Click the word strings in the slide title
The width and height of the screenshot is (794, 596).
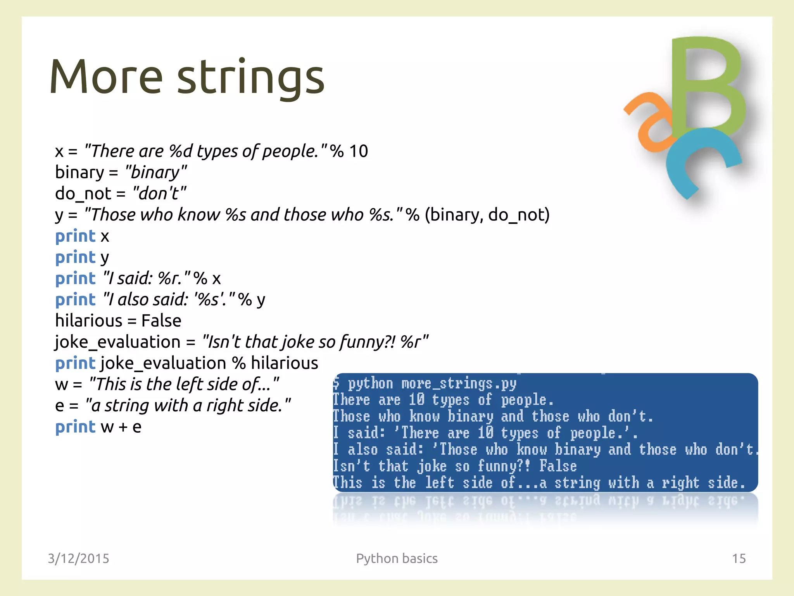click(251, 78)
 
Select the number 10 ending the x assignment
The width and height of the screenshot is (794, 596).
click(358, 151)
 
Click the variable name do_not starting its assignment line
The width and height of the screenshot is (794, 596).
click(83, 193)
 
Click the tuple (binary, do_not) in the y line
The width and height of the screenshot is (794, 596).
click(487, 215)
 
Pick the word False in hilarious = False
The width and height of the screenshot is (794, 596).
click(161, 321)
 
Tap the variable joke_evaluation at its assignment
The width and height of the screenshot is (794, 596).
click(117, 342)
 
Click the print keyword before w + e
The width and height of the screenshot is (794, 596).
click(75, 427)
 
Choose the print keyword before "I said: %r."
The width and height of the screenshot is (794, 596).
click(75, 278)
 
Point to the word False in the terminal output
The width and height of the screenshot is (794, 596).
click(558, 466)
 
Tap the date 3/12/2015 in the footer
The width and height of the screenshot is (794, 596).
click(78, 558)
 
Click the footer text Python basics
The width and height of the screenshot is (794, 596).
click(397, 558)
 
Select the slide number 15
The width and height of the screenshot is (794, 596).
click(739, 558)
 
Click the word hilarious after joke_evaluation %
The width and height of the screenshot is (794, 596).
click(284, 363)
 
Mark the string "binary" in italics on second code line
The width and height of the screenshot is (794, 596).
click(156, 172)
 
